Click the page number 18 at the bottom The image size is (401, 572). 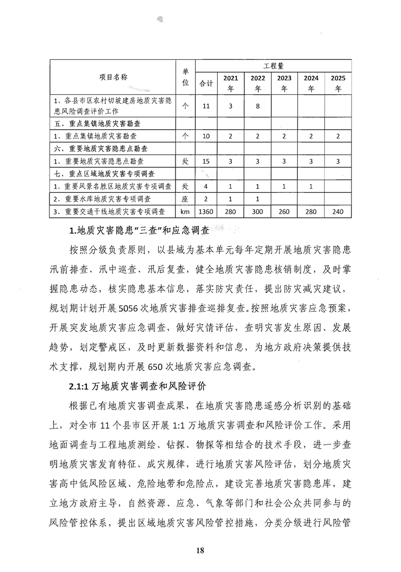(200, 551)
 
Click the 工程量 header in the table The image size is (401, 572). (273, 66)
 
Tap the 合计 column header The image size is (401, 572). (206, 83)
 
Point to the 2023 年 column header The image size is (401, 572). (284, 83)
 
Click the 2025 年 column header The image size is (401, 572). (338, 83)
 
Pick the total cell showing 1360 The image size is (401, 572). (206, 212)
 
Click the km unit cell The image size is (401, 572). (185, 212)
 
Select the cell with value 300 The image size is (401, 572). (258, 212)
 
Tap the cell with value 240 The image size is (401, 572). (338, 212)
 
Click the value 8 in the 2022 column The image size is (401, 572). (258, 106)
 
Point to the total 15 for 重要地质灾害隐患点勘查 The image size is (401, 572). (206, 161)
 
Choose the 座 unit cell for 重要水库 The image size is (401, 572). (185, 199)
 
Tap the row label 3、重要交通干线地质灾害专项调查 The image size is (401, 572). (109, 212)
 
